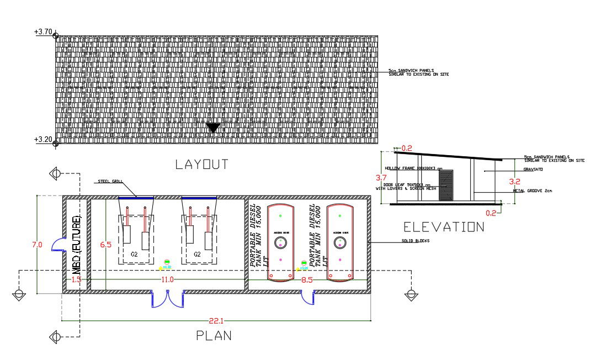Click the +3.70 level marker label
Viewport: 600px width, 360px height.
[x=43, y=32]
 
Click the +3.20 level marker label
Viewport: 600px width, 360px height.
[x=43, y=139]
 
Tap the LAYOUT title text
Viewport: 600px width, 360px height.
[x=201, y=165]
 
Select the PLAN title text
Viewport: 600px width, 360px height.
[x=214, y=336]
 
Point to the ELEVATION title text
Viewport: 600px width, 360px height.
[x=444, y=227]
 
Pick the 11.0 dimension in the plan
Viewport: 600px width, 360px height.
[x=167, y=280]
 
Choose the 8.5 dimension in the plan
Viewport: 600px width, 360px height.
[x=307, y=280]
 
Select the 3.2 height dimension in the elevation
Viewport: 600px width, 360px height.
[x=514, y=181]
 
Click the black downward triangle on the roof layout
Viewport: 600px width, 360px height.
[x=214, y=128]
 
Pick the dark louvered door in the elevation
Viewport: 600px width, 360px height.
[x=445, y=186]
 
